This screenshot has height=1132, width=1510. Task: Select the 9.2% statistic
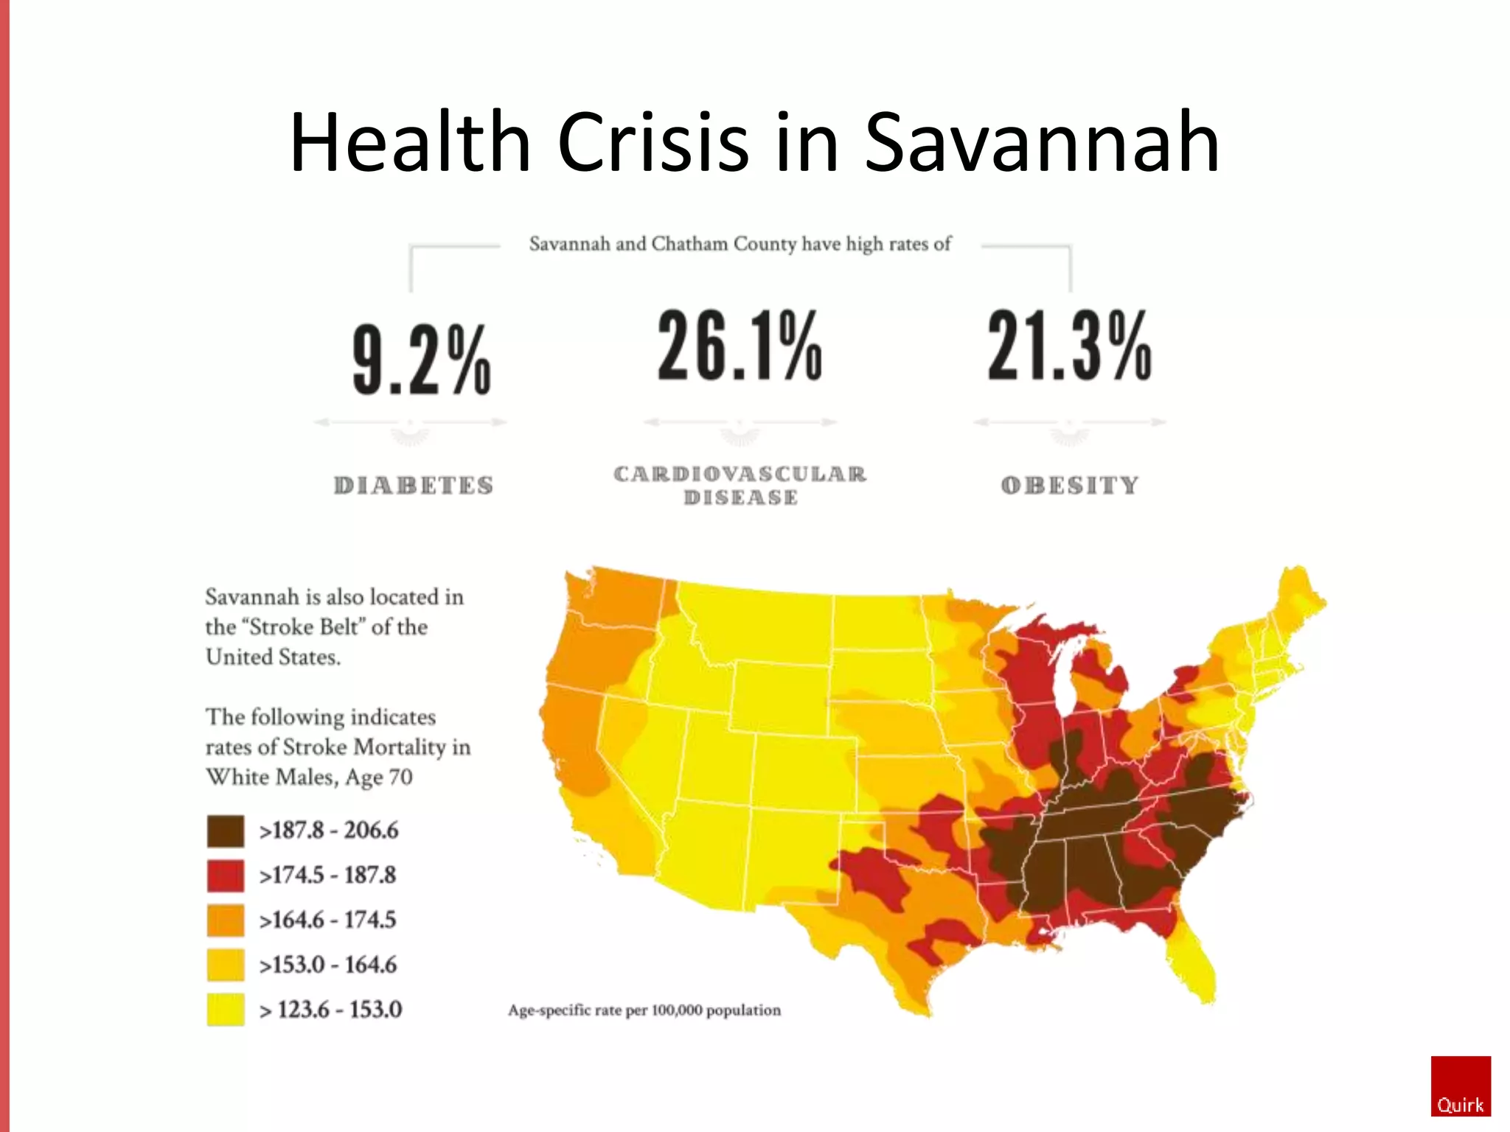(421, 359)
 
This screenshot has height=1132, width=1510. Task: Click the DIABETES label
(414, 485)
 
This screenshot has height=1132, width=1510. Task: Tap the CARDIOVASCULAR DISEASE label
(740, 485)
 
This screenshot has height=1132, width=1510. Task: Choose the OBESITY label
(1070, 485)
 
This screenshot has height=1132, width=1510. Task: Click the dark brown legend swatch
(226, 831)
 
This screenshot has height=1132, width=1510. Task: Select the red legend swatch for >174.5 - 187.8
(226, 876)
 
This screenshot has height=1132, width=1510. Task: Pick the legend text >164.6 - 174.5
(327, 920)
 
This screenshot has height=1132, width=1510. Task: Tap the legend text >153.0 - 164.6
(327, 965)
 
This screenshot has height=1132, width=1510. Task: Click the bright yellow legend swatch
(226, 1010)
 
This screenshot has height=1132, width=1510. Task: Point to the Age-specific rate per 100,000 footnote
(644, 1010)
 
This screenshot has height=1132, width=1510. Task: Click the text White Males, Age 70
(309, 777)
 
